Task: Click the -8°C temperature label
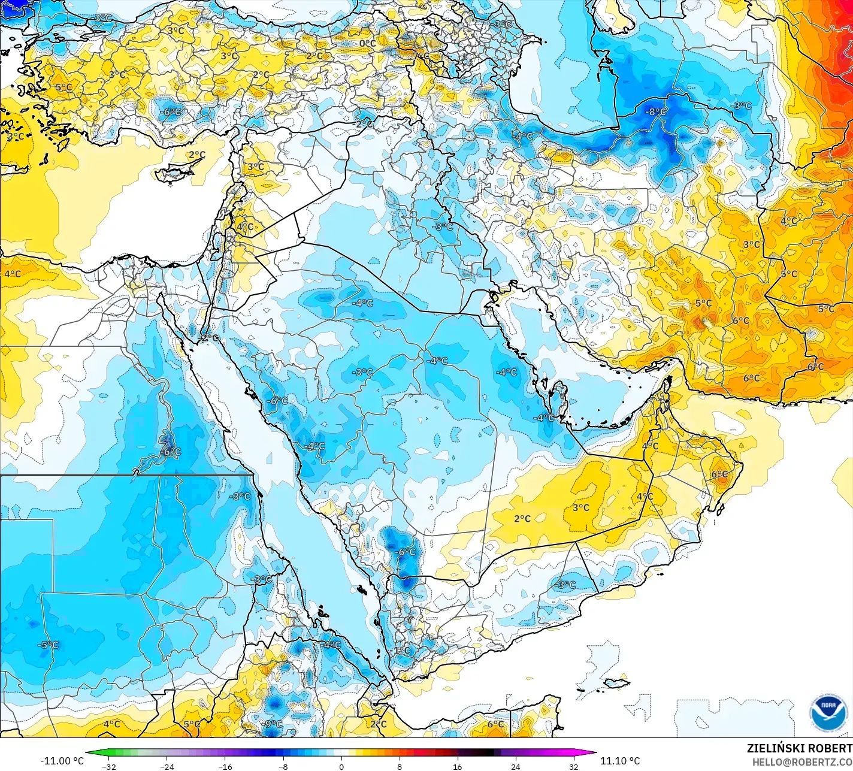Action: coord(655,112)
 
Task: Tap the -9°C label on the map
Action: coord(272,724)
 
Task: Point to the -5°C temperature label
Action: coord(48,645)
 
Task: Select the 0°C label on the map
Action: coord(367,43)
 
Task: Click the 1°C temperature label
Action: coord(401,651)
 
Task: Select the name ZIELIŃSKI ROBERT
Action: coord(799,748)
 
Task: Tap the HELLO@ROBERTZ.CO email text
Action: coord(802,761)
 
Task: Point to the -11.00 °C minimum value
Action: coord(62,761)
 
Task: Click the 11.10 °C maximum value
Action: coord(620,761)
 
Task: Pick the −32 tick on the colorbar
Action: coord(108,766)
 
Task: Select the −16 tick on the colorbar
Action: coord(225,766)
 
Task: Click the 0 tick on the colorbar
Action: coord(341,766)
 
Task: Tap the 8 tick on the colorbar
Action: coord(400,766)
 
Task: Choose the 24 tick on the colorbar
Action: coord(516,766)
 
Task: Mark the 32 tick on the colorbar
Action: coord(574,766)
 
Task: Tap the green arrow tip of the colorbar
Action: coord(89,753)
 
